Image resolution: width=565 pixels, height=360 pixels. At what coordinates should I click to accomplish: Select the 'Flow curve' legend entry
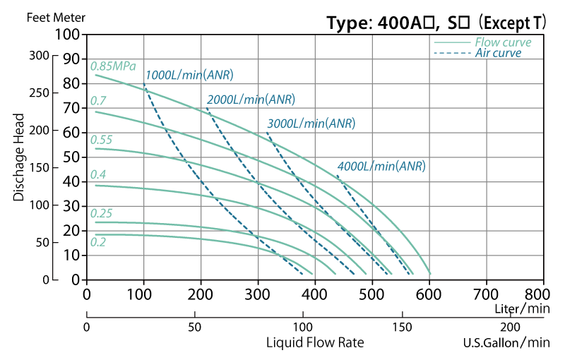click(x=502, y=42)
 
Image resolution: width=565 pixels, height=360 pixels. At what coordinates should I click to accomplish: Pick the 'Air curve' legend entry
click(x=498, y=53)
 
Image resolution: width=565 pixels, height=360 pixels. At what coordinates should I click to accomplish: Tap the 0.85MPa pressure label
click(x=113, y=66)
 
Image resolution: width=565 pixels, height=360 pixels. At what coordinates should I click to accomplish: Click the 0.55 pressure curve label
click(x=101, y=140)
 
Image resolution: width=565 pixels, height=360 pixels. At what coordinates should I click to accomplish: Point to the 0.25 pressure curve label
click(x=101, y=213)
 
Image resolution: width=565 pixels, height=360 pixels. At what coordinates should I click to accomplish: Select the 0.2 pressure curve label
click(x=97, y=242)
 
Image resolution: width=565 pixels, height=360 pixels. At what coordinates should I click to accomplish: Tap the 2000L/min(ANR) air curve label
click(x=251, y=100)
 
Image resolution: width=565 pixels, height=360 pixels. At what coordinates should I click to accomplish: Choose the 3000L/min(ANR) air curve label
click(x=311, y=123)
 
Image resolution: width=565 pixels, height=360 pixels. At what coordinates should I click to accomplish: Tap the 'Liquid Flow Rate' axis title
click(x=315, y=343)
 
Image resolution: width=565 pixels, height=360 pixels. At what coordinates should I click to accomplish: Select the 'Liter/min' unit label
click(x=522, y=308)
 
